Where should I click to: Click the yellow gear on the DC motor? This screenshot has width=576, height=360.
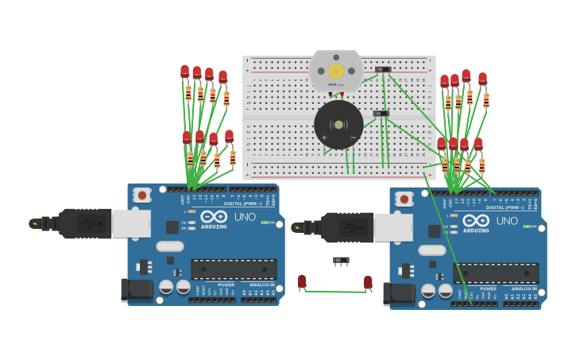(336, 72)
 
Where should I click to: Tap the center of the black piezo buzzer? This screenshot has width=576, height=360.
(338, 125)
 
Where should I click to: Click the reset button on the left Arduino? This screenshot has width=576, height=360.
(142, 195)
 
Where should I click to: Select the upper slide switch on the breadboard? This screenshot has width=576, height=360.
(383, 70)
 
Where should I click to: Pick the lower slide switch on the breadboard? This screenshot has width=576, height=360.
(381, 114)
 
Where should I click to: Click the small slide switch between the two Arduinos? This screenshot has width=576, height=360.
(341, 260)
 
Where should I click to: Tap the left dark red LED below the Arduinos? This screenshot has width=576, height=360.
(302, 281)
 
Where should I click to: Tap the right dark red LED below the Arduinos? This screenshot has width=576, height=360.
(368, 282)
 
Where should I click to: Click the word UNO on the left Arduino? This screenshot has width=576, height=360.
(245, 217)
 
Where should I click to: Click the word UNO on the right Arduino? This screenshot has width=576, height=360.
(507, 221)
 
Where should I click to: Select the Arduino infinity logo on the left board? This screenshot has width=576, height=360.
(213, 216)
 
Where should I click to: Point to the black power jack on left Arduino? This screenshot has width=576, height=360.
(137, 289)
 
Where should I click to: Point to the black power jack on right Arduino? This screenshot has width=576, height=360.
(399, 293)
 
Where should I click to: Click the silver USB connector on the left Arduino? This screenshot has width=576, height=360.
(130, 224)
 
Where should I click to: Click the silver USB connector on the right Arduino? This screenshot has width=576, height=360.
(392, 228)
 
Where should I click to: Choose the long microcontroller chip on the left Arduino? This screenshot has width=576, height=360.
(234, 269)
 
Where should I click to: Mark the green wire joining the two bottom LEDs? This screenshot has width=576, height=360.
(334, 292)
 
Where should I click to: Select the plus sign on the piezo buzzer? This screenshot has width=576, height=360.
(324, 138)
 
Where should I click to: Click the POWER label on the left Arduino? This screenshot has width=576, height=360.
(226, 285)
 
